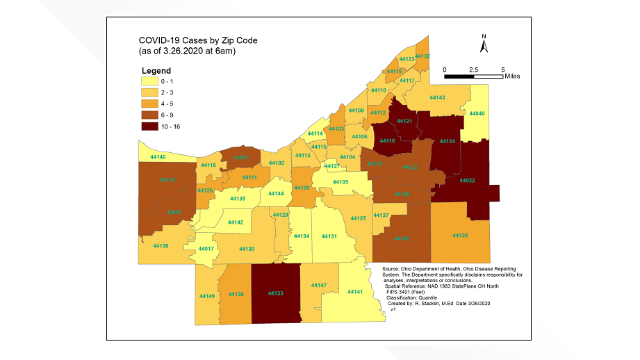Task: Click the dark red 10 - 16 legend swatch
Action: point(150,127)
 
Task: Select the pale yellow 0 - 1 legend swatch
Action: point(150,81)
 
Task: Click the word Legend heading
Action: point(156,71)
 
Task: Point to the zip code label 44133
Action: point(275,293)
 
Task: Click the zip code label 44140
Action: point(158,157)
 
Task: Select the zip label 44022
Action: point(467,181)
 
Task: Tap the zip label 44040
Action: point(477,114)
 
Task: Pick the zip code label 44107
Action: point(241,158)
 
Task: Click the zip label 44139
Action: point(460,236)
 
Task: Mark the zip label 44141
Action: point(355,292)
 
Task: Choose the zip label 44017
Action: point(206,249)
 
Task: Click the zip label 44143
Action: point(437,98)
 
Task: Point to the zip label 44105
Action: point(340,182)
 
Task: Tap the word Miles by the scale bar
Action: point(512,76)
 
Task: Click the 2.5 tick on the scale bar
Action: point(473,70)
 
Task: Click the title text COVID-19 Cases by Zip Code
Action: point(198,41)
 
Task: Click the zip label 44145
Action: point(167,180)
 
